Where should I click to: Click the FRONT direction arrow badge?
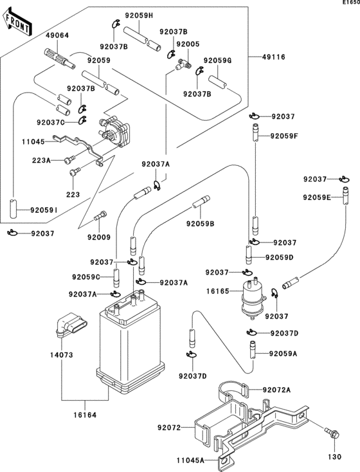[17, 24]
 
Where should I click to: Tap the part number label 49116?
[273, 57]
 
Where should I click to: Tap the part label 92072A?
[276, 390]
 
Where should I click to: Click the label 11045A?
[190, 461]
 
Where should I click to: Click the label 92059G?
[217, 61]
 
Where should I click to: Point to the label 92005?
[188, 44]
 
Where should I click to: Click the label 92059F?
[285, 136]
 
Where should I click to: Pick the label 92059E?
[318, 197]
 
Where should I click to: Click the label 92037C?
[51, 122]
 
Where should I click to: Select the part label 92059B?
[201, 223]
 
